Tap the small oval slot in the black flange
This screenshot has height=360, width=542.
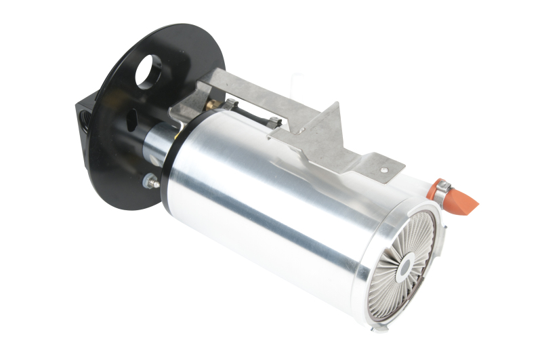pyautogui.click(x=133, y=121)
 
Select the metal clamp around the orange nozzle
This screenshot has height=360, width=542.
pyautogui.click(x=442, y=191)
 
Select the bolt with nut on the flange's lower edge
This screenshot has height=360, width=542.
pyautogui.click(x=150, y=181)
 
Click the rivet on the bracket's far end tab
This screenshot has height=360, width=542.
pyautogui.click(x=384, y=169)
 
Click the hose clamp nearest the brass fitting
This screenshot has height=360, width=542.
pyautogui.click(x=230, y=104)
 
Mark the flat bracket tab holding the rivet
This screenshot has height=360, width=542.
pyautogui.click(x=379, y=166)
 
